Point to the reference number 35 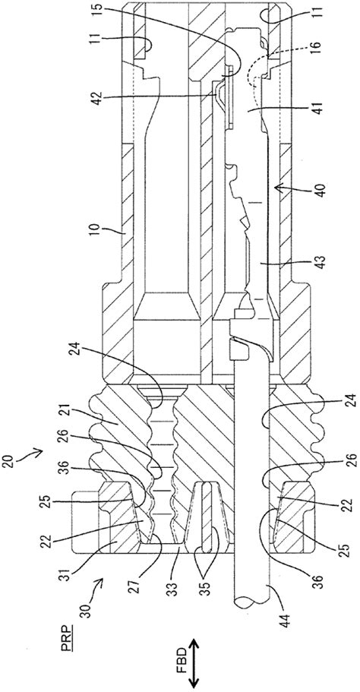(x=204, y=589)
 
